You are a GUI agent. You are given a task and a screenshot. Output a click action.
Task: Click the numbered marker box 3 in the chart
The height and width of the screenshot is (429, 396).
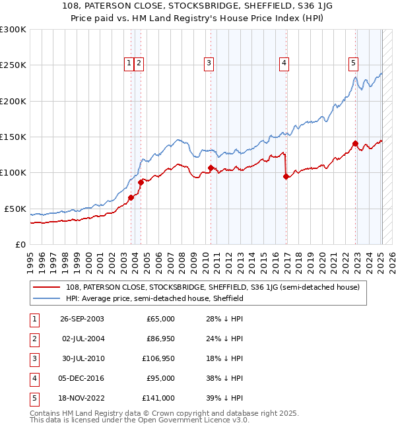coord(209,63)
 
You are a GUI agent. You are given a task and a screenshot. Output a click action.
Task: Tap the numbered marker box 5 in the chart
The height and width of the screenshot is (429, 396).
coord(354,63)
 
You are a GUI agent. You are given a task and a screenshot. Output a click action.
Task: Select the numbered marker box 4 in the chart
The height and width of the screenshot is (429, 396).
coord(283,63)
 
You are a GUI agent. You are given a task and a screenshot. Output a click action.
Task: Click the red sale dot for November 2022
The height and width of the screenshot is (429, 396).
coord(355,143)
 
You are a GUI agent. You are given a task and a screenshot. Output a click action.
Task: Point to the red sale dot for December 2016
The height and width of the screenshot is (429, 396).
coord(286,176)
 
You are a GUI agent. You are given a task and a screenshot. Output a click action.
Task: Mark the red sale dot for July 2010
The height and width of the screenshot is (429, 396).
coord(211,168)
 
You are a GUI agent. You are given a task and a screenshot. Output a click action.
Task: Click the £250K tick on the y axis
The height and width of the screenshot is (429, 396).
coord(13,65)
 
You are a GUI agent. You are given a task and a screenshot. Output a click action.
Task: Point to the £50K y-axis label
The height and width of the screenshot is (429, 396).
coord(15,209)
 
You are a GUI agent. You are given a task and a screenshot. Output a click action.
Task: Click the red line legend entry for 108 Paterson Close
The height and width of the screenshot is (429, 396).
coord(212,287)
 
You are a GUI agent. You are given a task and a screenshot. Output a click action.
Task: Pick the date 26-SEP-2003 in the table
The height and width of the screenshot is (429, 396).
coord(81,319)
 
